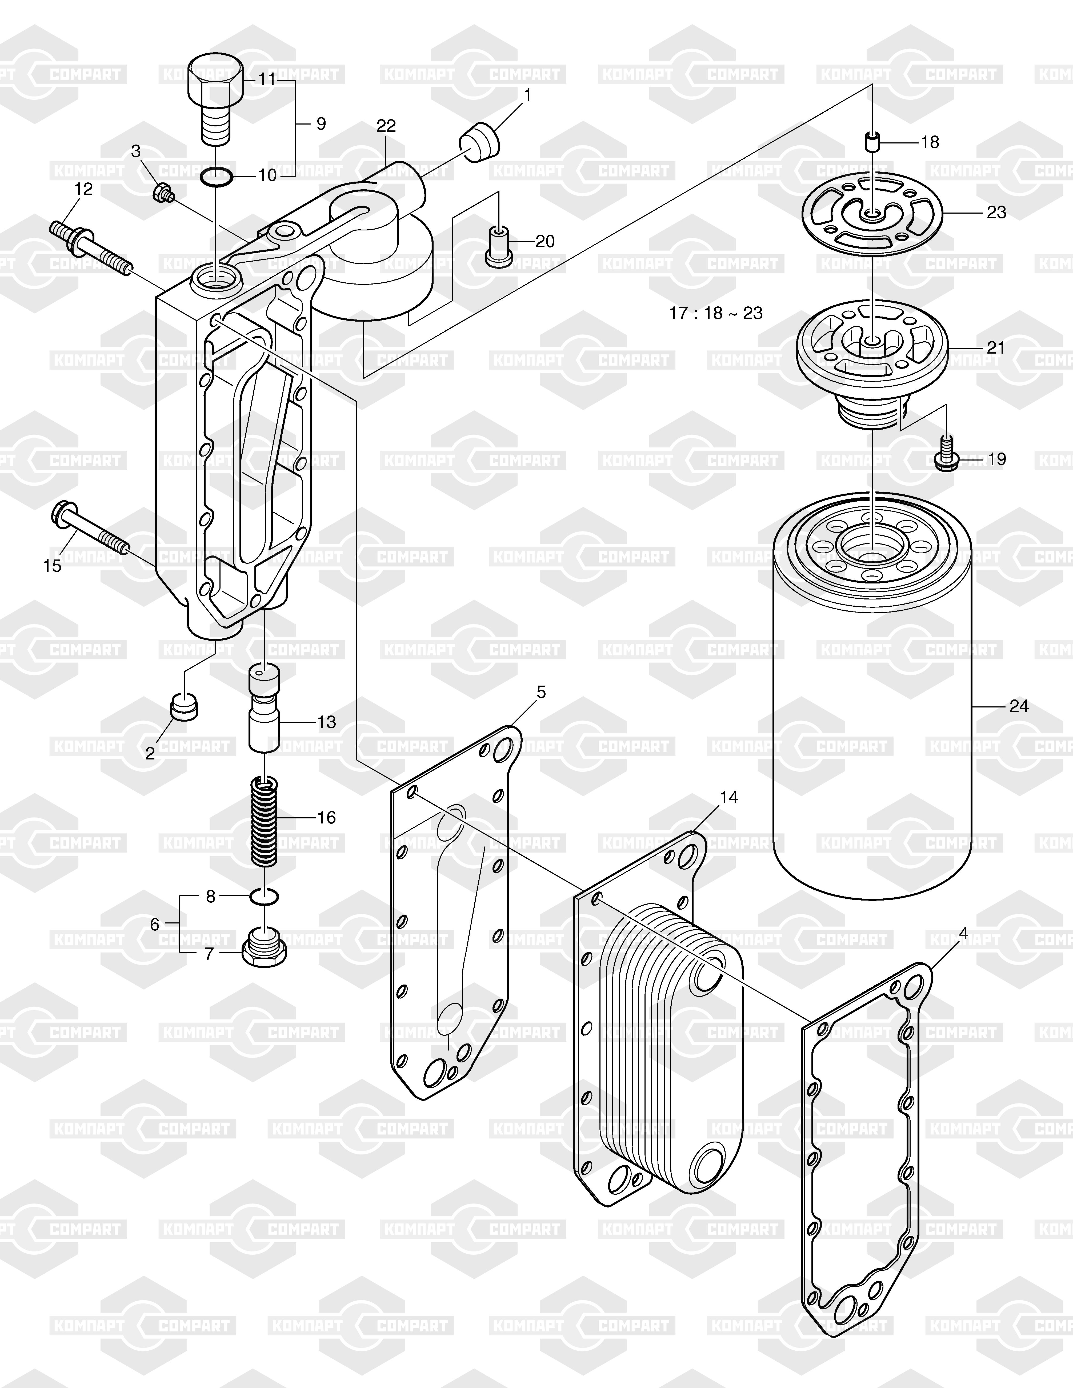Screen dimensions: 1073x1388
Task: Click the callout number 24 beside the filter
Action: pos(1018,706)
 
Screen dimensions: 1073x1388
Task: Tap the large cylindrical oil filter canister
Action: pos(872,696)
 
